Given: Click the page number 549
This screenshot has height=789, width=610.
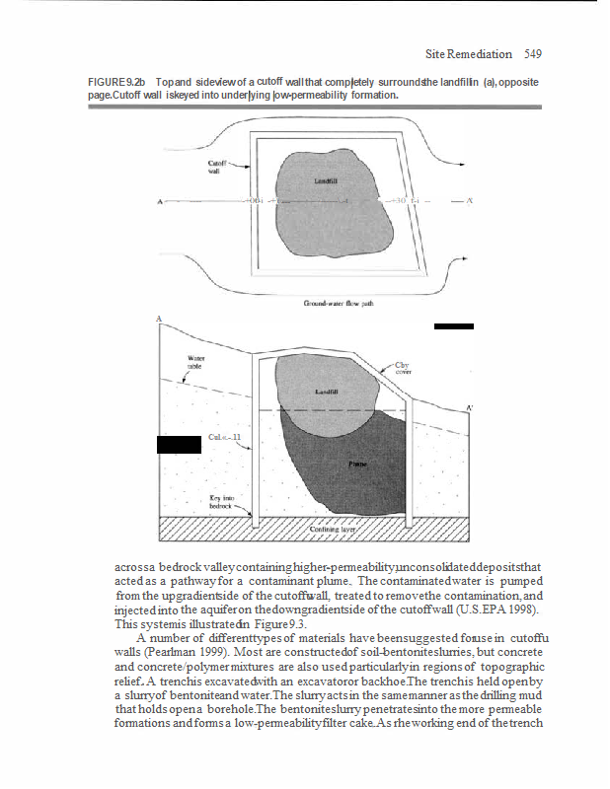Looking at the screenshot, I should (x=533, y=53).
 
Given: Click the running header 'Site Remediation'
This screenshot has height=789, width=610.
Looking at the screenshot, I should (x=469, y=53).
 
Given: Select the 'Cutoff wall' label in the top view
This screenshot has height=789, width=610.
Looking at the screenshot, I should (x=217, y=165).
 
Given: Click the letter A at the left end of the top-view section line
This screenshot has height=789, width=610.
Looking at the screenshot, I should (x=160, y=203).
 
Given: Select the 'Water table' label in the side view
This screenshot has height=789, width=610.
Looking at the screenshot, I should (x=194, y=361).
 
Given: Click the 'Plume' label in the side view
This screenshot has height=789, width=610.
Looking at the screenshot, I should (x=357, y=461).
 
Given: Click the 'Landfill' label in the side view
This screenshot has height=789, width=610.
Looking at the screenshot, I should (x=327, y=391).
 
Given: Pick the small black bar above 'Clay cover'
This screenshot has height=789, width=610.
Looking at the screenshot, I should (x=454, y=325).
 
